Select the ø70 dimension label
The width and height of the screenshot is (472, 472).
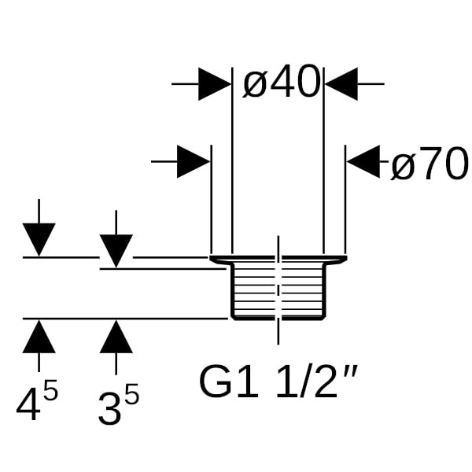click(x=429, y=164)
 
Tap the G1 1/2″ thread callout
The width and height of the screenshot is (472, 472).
click(x=280, y=383)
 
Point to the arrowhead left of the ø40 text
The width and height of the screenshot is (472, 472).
click(x=214, y=83)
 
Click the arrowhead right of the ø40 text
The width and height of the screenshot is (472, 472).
click(x=341, y=83)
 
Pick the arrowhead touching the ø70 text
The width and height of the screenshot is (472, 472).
click(x=363, y=163)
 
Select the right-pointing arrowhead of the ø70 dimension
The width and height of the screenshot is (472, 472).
click(x=194, y=162)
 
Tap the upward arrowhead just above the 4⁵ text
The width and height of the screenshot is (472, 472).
click(x=39, y=336)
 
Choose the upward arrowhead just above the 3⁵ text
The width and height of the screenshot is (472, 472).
click(x=116, y=336)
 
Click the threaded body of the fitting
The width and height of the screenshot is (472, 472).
click(x=277, y=291)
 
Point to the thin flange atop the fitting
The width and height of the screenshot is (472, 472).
click(x=277, y=259)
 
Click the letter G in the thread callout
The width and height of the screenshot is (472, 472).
click(x=215, y=383)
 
